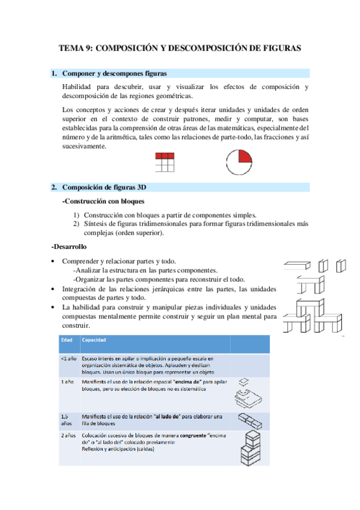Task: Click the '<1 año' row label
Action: [x=68, y=358]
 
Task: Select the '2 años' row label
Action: [x=68, y=434]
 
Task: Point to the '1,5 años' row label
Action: [x=67, y=419]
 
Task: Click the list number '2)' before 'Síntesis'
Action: [x=76, y=224]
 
